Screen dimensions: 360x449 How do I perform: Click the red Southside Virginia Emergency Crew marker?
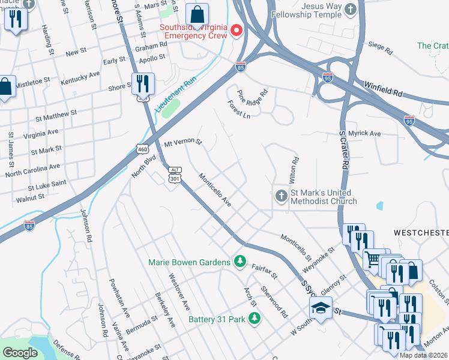[237, 30]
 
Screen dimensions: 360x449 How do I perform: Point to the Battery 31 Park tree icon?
[255, 319]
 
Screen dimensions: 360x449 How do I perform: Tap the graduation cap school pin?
[321, 309]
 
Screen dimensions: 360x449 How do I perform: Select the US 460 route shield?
[142, 148]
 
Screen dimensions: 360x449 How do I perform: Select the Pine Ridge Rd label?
[253, 96]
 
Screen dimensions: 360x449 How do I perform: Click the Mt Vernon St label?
[183, 145]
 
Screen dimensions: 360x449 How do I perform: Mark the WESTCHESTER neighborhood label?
[421, 232]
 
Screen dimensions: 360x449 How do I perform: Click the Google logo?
[20, 352]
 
